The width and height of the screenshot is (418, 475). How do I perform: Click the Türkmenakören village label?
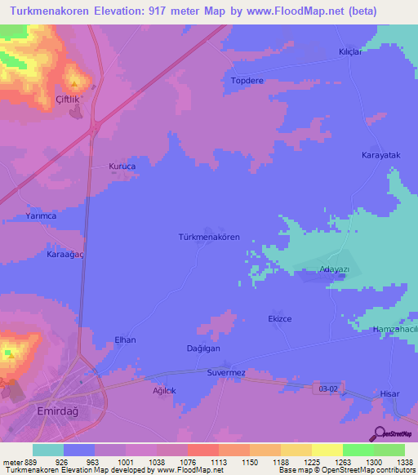pos(209,237)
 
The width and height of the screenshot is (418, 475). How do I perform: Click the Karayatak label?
pos(380,154)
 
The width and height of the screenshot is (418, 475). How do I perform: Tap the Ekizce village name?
pos(280,318)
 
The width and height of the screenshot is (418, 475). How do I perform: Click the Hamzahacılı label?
pos(394,327)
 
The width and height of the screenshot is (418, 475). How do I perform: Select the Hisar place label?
pos(390,394)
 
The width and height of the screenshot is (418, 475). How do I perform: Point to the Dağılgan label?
pos(203,348)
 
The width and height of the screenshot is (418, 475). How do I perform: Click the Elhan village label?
pos(125,340)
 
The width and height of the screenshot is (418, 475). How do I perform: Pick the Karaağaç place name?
pos(42,254)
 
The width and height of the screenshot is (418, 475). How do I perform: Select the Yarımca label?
pos(40,217)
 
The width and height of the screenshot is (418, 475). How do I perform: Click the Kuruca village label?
pos(122,166)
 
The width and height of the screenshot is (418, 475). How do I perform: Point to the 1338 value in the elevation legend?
pos(404,461)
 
